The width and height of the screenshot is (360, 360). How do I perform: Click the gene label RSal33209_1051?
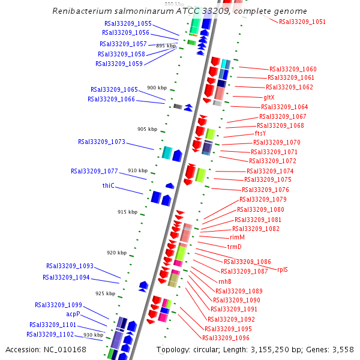302,22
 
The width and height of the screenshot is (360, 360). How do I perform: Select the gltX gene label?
269,97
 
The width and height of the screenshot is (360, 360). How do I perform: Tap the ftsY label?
260,133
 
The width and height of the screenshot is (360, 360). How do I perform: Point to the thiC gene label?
108,186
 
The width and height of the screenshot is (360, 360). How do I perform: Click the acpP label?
73,314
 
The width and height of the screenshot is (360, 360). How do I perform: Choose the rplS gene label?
282,269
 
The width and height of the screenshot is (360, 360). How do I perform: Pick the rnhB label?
224,281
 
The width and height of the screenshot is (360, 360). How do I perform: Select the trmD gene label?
234,247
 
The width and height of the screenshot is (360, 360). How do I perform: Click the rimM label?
237,238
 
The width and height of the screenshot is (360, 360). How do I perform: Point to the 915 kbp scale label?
127,212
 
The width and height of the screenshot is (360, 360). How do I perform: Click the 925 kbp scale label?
105,293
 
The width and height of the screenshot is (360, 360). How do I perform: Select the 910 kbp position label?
137,170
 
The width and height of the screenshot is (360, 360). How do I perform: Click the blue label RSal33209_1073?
101,142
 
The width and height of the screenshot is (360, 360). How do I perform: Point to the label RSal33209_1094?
66,278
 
